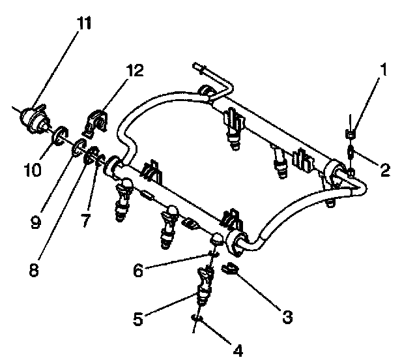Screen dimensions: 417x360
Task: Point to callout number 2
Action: point(384,171)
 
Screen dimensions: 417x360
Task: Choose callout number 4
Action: point(237,351)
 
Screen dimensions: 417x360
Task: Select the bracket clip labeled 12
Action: point(96,122)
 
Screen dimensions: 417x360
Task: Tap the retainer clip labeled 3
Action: point(229,268)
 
